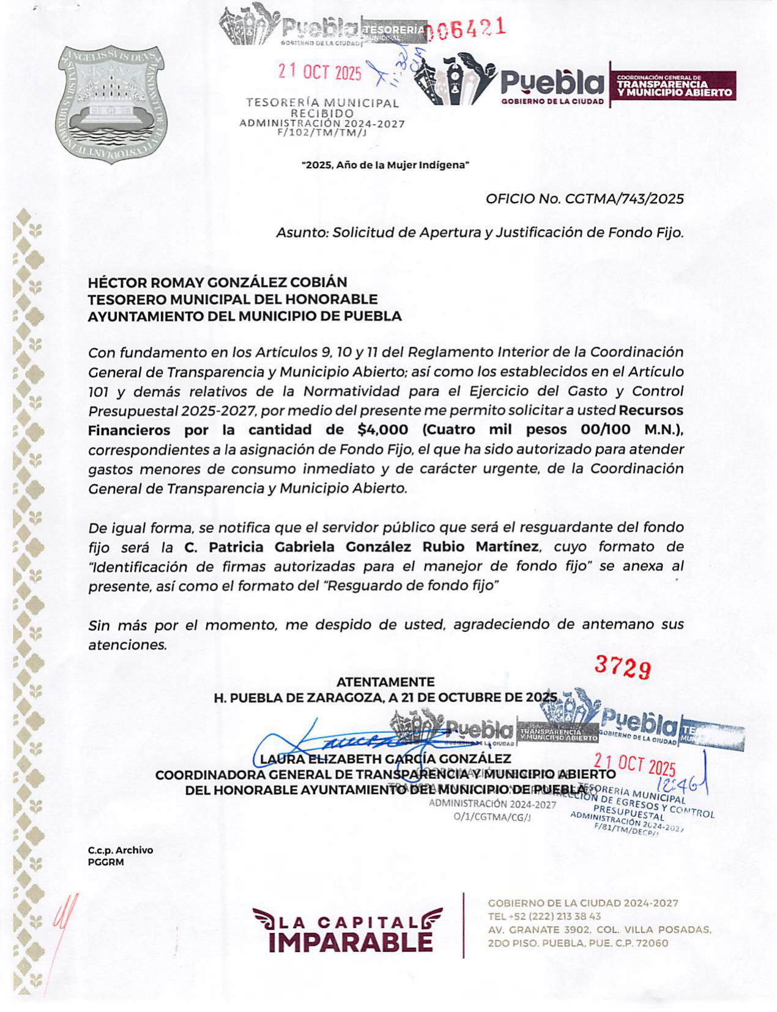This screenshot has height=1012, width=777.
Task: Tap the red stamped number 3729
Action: (x=622, y=668)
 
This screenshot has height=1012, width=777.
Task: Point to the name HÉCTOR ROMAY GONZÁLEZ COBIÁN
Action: (x=217, y=282)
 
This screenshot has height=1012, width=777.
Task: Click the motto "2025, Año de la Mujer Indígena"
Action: (x=385, y=165)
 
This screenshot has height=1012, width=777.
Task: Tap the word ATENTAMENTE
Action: (x=385, y=682)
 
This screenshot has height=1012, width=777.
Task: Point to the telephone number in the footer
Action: (x=545, y=916)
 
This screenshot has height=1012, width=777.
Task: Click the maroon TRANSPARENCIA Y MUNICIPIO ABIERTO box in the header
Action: (x=674, y=86)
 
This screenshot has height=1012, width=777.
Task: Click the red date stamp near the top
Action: (x=320, y=72)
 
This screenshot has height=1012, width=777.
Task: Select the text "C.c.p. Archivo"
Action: (x=121, y=850)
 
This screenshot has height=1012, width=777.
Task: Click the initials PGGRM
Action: (x=106, y=862)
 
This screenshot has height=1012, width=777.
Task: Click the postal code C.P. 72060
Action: (x=637, y=943)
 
